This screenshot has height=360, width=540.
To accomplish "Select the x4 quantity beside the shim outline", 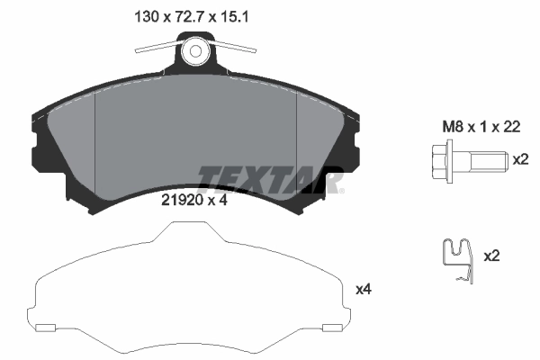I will tap(364, 289).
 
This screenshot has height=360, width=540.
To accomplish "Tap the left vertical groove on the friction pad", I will tap(95, 144).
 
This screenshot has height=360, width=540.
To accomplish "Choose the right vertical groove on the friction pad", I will tap(297, 144).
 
